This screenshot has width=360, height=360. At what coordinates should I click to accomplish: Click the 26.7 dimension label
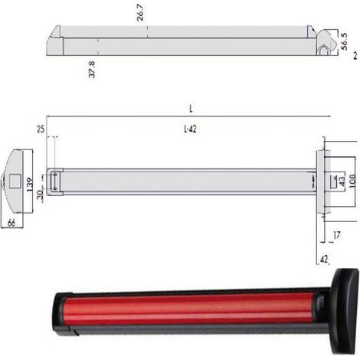click(140, 13)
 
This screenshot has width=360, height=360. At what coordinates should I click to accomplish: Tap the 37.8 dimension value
click(92, 70)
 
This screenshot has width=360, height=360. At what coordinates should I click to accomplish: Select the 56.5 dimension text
click(344, 41)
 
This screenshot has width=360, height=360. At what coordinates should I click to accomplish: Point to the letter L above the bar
click(191, 109)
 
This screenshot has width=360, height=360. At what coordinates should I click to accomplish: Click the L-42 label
click(190, 129)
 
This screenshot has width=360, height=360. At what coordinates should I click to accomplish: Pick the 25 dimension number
click(41, 129)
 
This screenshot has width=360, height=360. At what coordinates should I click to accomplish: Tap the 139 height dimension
click(30, 185)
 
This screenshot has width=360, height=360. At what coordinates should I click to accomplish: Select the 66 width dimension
click(11, 223)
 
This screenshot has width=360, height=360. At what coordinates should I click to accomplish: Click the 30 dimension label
click(40, 195)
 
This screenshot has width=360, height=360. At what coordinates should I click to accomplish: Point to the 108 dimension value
click(352, 181)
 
